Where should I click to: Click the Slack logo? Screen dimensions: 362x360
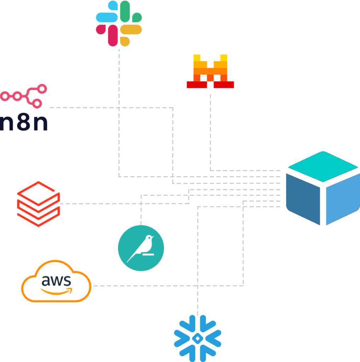point(119,23)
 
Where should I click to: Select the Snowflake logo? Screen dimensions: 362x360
point(198,338)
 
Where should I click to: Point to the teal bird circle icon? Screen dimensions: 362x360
point(141,248)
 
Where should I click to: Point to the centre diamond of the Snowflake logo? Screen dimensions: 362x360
point(198,338)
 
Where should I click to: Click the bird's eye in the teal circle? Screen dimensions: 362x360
point(150,238)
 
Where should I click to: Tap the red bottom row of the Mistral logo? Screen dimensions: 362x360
point(210,85)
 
